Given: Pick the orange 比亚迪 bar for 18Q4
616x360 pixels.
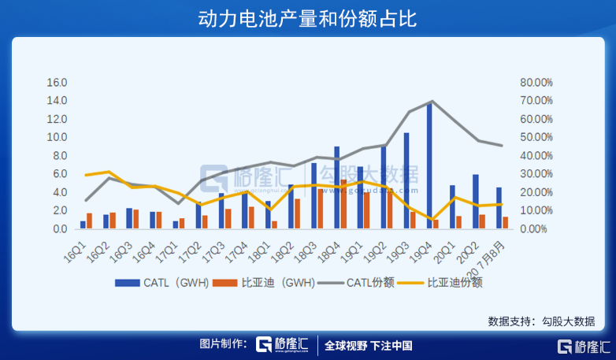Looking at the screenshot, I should (343, 205).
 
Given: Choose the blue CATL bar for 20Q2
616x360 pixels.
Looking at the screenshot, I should (475, 202).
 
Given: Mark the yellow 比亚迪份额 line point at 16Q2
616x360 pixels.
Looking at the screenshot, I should (109, 172).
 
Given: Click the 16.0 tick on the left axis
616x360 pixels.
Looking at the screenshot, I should (58, 83).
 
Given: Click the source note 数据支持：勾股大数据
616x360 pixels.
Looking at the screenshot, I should (541, 321).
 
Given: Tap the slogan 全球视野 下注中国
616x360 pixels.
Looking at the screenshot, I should (368, 345).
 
